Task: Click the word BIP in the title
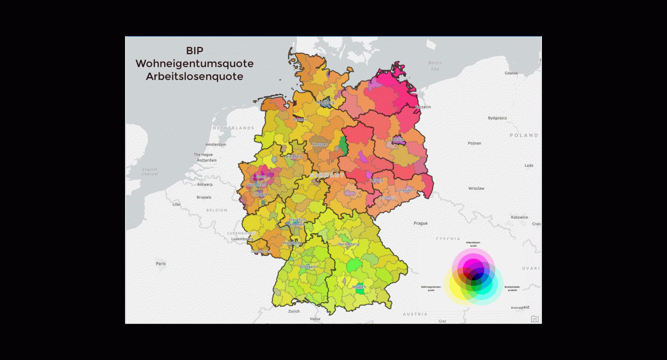[195, 51]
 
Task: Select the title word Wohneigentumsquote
[195, 64]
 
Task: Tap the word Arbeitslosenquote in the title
[195, 77]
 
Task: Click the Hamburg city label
[325, 102]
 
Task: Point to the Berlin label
[398, 139]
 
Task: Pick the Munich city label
[359, 287]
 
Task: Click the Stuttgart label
[308, 267]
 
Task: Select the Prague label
[421, 224]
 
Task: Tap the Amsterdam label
[216, 145]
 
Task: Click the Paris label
[161, 264]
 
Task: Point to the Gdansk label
[512, 73]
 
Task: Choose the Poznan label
[474, 143]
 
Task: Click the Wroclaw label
[476, 189]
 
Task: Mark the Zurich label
[294, 312]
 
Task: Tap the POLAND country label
[524, 136]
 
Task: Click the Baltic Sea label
[435, 66]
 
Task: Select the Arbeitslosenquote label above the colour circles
[473, 244]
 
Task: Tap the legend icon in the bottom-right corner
[535, 319]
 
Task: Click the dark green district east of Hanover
[344, 145]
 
